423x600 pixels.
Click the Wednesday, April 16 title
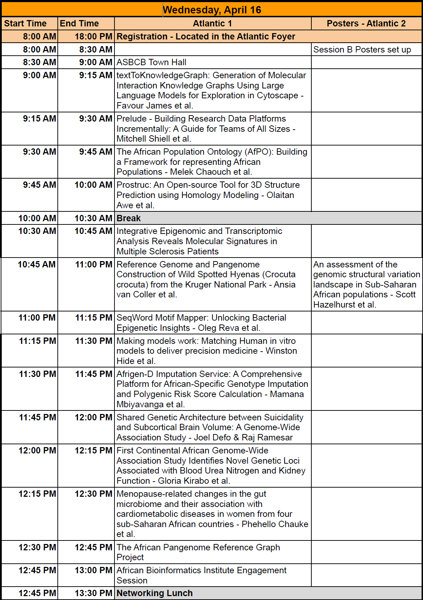click(212, 10)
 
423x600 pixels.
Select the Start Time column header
click(25, 24)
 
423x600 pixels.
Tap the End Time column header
click(79, 24)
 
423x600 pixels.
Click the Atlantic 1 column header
click(212, 24)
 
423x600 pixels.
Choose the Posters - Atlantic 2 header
click(366, 24)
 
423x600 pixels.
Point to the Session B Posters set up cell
click(362, 50)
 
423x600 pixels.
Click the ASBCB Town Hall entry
click(151, 62)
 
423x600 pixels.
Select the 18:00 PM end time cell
click(93, 37)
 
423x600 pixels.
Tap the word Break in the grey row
click(129, 218)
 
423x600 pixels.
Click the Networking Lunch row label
click(155, 593)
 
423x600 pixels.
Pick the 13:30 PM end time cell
click(93, 593)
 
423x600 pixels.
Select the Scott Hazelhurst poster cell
click(366, 284)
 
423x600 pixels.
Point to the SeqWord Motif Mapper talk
click(201, 323)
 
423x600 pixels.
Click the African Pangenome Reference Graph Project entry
click(198, 552)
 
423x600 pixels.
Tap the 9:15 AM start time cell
click(39, 119)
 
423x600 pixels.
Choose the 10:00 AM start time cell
click(37, 218)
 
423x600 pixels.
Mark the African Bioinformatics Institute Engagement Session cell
click(201, 575)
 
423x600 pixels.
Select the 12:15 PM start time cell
click(37, 494)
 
